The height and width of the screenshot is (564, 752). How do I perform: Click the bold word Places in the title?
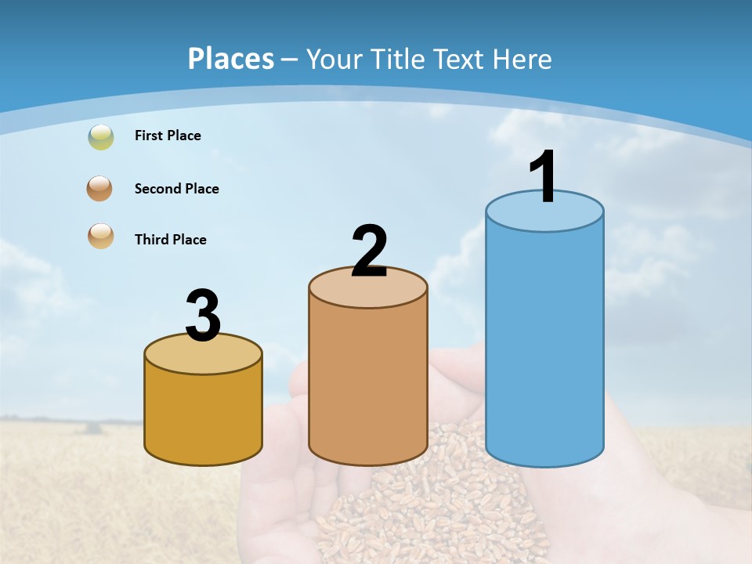pyautogui.click(x=231, y=59)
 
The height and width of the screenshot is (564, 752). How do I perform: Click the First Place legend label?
pyautogui.click(x=168, y=136)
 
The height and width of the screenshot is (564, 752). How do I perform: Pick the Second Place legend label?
pyautogui.click(x=176, y=189)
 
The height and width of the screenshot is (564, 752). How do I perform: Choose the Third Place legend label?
pyautogui.click(x=170, y=240)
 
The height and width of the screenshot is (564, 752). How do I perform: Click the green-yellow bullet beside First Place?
pyautogui.click(x=101, y=137)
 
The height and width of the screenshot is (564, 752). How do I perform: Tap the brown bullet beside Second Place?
pyautogui.click(x=101, y=189)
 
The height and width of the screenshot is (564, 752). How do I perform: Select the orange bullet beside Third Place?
pyautogui.click(x=101, y=236)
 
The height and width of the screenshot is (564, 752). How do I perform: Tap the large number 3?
pyautogui.click(x=203, y=316)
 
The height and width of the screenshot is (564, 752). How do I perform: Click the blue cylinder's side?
pyautogui.click(x=544, y=345)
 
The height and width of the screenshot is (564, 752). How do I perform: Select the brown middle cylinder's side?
pyautogui.click(x=367, y=384)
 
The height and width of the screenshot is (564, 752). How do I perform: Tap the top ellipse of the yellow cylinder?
pyautogui.click(x=203, y=357)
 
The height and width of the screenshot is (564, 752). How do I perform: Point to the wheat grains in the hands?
pyautogui.click(x=439, y=509)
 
